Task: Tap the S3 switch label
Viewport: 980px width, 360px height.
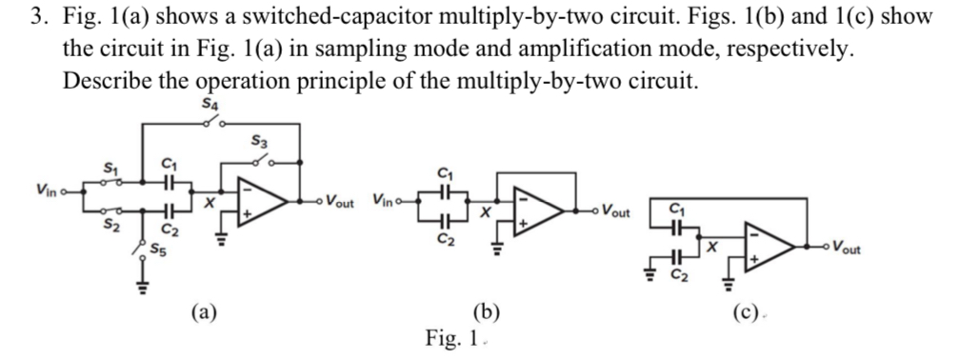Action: (x=258, y=141)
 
